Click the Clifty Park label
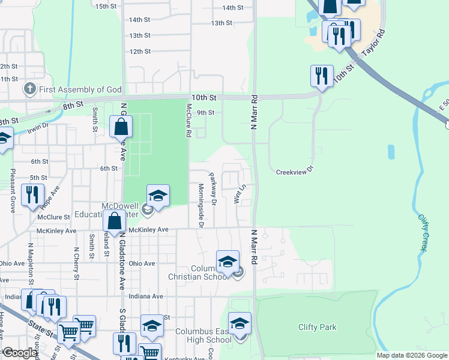(x=318, y=327)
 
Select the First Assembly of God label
(x=80, y=89)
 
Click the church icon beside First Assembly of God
(x=29, y=89)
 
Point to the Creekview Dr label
(x=295, y=171)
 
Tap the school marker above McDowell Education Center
(x=158, y=196)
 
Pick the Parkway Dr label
(x=212, y=189)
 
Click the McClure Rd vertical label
(x=188, y=121)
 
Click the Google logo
(x=20, y=353)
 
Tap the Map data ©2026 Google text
(x=412, y=355)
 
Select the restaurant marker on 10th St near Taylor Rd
(x=322, y=76)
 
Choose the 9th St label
(x=205, y=112)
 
